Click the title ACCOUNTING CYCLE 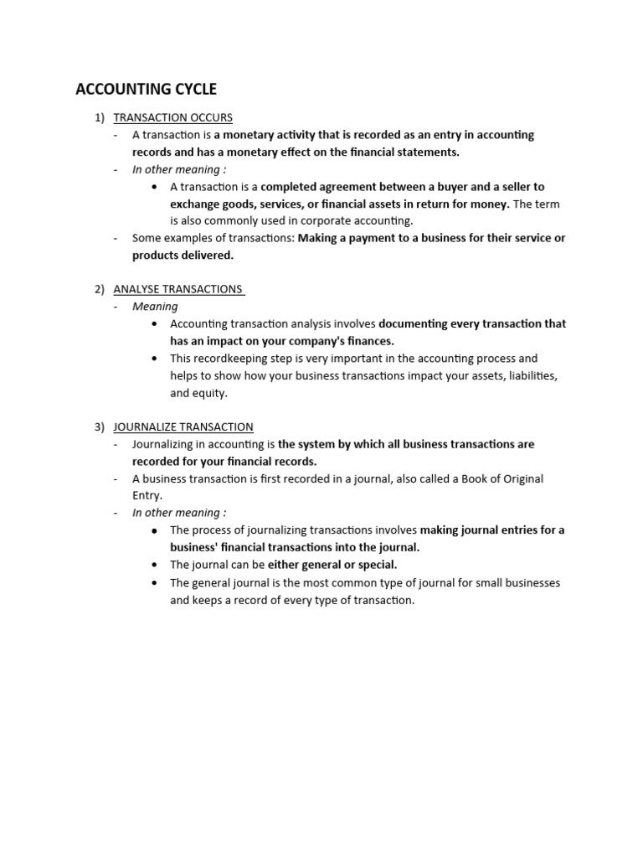pyautogui.click(x=146, y=90)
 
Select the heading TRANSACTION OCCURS pyautogui.click(x=172, y=117)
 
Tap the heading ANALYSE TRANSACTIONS pyautogui.click(x=177, y=289)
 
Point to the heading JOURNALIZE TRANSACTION pyautogui.click(x=183, y=426)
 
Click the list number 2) pyautogui.click(x=100, y=289)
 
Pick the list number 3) pyautogui.click(x=100, y=426)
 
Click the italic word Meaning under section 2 pyautogui.click(x=155, y=307)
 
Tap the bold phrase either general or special pyautogui.click(x=332, y=565)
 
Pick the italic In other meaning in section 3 pyautogui.click(x=178, y=513)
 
